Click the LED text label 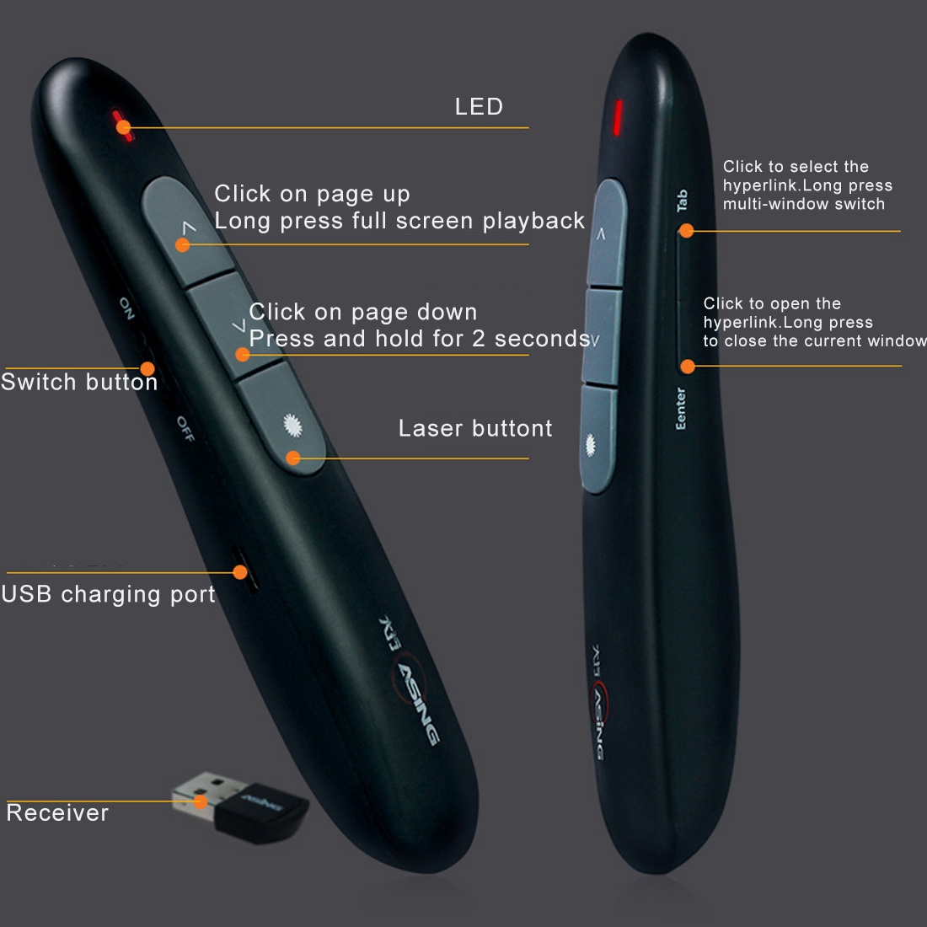click(x=479, y=106)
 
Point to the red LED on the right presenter click(x=617, y=117)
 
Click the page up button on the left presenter click(x=187, y=232)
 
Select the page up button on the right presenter click(x=606, y=233)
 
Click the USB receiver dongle click(x=239, y=806)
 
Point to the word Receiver click(x=57, y=813)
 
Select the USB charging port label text click(x=108, y=595)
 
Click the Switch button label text click(x=79, y=382)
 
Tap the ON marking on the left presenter click(x=126, y=308)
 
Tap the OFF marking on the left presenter click(x=185, y=429)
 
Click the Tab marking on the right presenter click(x=682, y=201)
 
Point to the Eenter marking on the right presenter click(x=680, y=409)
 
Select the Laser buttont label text click(x=475, y=428)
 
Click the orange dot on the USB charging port click(x=240, y=571)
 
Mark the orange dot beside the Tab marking click(x=686, y=231)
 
